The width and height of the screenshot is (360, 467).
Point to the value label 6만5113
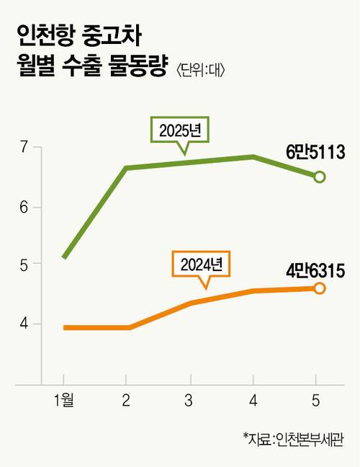pyautogui.click(x=315, y=152)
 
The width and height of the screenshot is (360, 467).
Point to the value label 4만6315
pyautogui.click(x=315, y=271)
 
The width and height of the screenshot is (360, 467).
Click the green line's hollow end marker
pyautogui.click(x=320, y=177)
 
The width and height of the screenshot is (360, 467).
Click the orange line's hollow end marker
pyautogui.click(x=320, y=288)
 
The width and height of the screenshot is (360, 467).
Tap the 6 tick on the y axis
pyautogui.click(x=24, y=208)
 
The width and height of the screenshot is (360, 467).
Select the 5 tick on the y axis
pyautogui.click(x=24, y=264)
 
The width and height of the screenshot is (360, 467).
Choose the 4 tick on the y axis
pyautogui.click(x=24, y=324)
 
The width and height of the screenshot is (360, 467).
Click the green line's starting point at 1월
pyautogui.click(x=65, y=257)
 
